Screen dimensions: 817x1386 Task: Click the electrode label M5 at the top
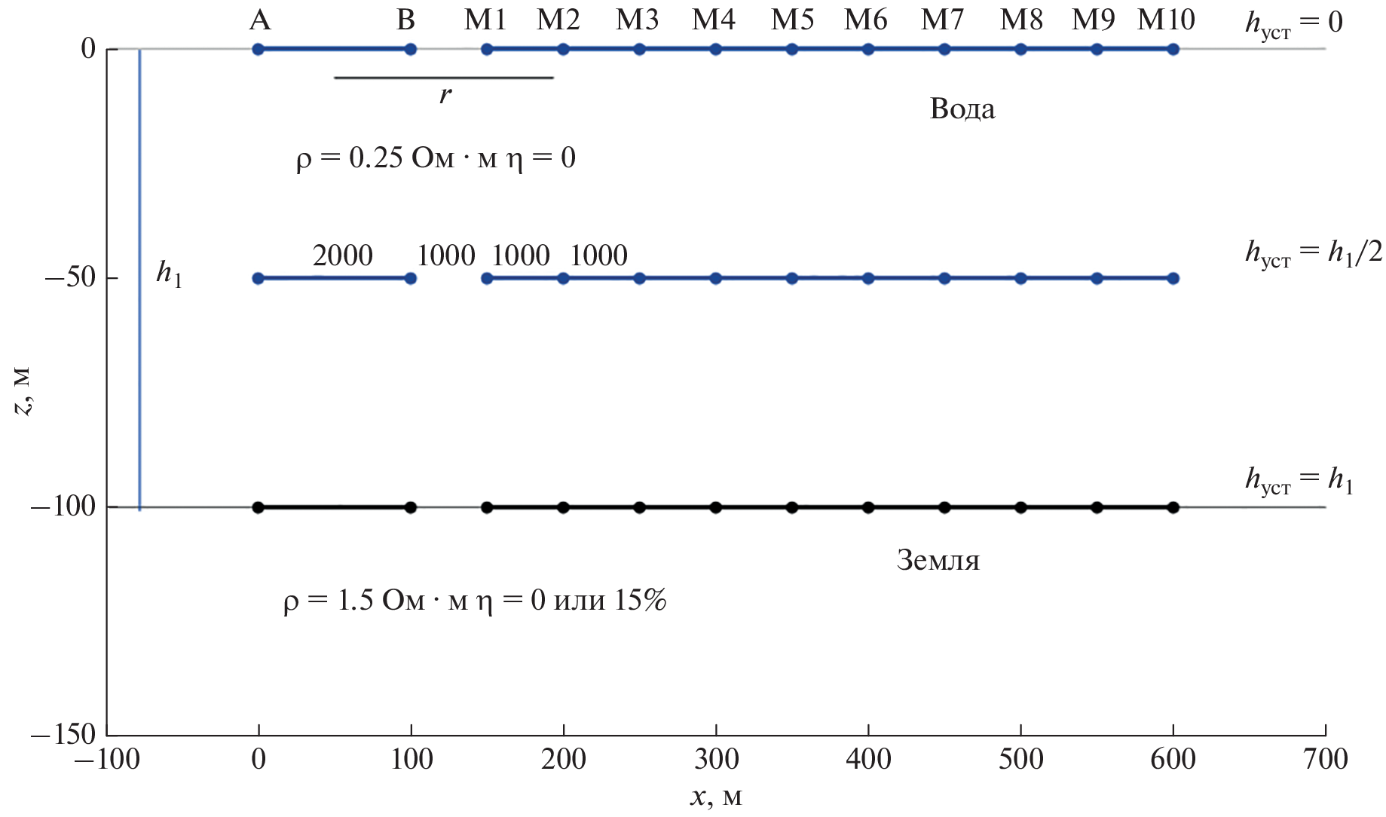tap(792, 20)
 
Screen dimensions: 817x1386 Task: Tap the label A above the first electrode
tap(259, 20)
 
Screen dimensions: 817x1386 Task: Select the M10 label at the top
tap(1166, 20)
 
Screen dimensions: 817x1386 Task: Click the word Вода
tap(962, 109)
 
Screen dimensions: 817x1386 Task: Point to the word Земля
tap(938, 561)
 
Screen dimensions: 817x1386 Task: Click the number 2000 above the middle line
tap(343, 256)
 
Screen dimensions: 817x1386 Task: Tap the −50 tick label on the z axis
tap(70, 278)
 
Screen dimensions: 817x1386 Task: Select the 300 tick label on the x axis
tap(716, 759)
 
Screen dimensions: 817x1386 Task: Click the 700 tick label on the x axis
tap(1325, 759)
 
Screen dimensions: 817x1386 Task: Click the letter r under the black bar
tap(445, 95)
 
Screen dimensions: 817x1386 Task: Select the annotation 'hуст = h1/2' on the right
tap(1314, 252)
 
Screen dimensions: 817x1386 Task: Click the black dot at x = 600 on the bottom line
tap(1173, 507)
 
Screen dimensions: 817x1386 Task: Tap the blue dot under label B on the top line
tap(411, 50)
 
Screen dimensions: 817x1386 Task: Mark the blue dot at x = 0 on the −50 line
tap(259, 278)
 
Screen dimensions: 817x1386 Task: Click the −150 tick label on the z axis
tap(63, 734)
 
